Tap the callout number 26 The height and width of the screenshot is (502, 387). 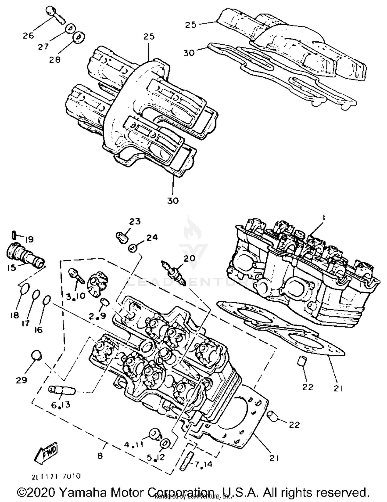click(28, 35)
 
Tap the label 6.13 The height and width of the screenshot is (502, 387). click(60, 405)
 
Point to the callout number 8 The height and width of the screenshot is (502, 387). click(100, 456)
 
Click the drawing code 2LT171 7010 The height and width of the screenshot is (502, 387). click(56, 476)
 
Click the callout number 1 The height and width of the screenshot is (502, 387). click(323, 218)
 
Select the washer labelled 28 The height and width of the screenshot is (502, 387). click(79, 36)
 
